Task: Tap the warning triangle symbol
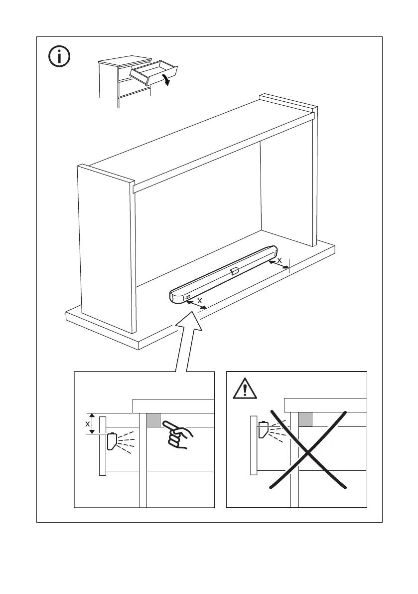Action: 245,389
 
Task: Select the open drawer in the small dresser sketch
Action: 152,71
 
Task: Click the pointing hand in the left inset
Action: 178,434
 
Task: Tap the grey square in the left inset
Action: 153,420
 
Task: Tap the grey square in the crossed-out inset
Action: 305,420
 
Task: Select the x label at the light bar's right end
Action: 279,259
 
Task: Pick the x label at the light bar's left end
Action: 200,301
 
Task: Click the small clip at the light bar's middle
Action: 234,271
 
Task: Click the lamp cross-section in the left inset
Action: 111,441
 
